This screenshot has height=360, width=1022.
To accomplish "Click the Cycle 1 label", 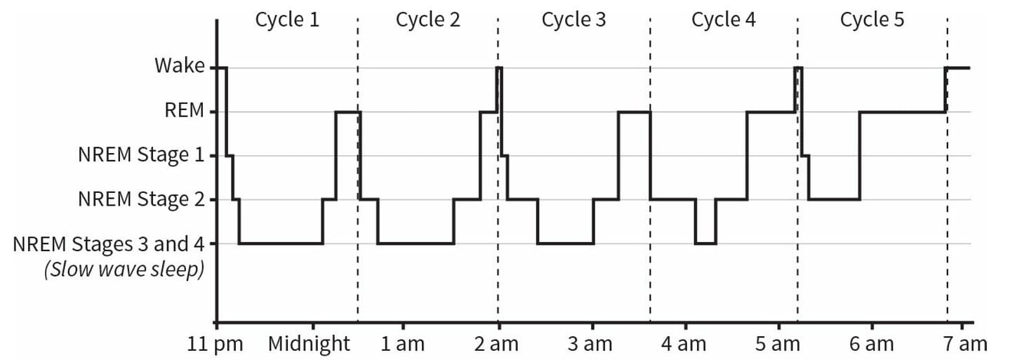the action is pyautogui.click(x=287, y=20).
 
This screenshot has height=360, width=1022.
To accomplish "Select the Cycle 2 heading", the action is pyautogui.click(x=428, y=20).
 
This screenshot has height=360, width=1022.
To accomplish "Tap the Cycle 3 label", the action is pyautogui.click(x=573, y=20).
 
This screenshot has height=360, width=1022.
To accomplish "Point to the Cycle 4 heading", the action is pyautogui.click(x=723, y=20).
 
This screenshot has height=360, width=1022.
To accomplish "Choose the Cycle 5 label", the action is pyautogui.click(x=872, y=20).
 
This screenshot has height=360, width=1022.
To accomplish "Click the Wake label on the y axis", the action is pyautogui.click(x=180, y=66).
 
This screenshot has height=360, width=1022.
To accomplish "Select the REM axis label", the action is pyautogui.click(x=185, y=110).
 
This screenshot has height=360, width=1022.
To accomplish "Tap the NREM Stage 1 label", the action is pyautogui.click(x=142, y=154).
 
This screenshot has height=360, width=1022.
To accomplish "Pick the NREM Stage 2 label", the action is pyautogui.click(x=142, y=199).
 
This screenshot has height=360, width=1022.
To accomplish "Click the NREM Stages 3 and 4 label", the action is pyautogui.click(x=109, y=244).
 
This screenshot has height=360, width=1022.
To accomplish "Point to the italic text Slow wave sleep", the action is pyautogui.click(x=124, y=269).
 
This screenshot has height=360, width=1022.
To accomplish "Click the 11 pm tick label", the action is pyautogui.click(x=215, y=344).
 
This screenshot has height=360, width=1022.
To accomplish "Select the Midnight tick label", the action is pyautogui.click(x=309, y=344).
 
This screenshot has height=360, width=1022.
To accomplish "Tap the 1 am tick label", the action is pyautogui.click(x=402, y=344).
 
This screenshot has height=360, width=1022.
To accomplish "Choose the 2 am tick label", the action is pyautogui.click(x=496, y=344).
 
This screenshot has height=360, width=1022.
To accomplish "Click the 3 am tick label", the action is pyautogui.click(x=590, y=344).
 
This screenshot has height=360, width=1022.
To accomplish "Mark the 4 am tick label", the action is pyautogui.click(x=684, y=344).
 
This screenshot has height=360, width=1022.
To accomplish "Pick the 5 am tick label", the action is pyautogui.click(x=778, y=344).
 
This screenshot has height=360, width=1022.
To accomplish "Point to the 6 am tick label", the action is pyautogui.click(x=872, y=344).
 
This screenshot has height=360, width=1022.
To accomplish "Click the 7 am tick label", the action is pyautogui.click(x=965, y=344).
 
